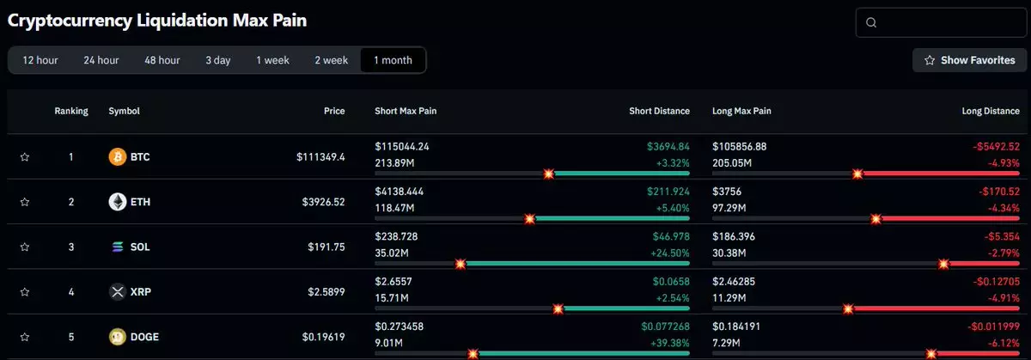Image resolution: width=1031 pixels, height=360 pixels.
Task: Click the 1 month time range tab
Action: pos(393,60)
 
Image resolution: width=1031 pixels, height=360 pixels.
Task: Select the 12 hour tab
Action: pos(40,60)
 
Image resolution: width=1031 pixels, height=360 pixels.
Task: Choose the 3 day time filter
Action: pos(217,60)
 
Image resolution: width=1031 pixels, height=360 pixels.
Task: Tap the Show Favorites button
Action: pos(969,60)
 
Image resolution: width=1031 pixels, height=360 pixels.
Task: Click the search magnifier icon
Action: pos(871,23)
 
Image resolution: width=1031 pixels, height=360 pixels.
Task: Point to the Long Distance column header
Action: pos(991,111)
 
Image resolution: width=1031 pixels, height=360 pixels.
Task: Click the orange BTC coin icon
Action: pos(118,157)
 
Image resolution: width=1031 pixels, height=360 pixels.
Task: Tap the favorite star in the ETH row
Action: pos(25,202)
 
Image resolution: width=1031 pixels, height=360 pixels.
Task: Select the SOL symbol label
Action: pos(140,247)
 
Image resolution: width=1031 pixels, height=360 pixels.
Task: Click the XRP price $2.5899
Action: pos(326,292)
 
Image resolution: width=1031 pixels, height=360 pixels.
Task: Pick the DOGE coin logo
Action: pos(118,337)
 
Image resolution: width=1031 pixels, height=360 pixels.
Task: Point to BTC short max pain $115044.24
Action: pos(402,147)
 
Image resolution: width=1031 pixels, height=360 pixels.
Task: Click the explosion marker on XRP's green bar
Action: pos(558,308)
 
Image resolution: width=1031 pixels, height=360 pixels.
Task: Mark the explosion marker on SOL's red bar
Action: pos(943,264)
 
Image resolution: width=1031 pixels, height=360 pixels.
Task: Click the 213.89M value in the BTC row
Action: pos(394,163)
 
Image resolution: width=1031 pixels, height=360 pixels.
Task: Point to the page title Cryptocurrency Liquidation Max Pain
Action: pos(157,21)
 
